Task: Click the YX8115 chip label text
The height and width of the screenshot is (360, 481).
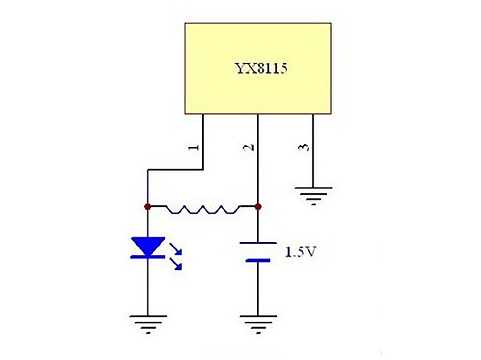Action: pos(261,68)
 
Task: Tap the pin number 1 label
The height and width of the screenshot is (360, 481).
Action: pos(194,147)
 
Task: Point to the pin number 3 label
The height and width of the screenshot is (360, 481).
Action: pos(304,147)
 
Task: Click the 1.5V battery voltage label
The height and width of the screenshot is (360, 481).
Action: pos(300,252)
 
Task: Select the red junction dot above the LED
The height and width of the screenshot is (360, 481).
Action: pos(148,207)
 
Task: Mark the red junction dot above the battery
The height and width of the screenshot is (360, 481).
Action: pos(257,207)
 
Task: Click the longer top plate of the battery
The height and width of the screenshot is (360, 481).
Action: pos(258,243)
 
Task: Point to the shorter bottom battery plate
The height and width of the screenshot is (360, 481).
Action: pos(258,261)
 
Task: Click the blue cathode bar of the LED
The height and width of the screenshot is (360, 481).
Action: pos(148,257)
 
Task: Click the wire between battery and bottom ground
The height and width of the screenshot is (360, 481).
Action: pos(258,289)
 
